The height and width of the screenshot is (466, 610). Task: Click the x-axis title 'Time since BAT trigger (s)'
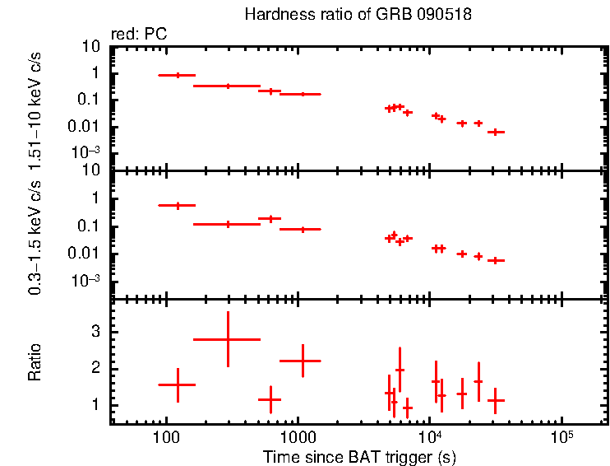359,456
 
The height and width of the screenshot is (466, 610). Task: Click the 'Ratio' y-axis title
35,363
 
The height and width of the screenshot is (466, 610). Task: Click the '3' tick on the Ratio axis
95,331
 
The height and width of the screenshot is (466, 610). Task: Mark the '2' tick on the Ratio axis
95,368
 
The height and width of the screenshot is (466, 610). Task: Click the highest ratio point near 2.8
227,339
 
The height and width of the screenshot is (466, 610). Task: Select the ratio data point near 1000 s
303,361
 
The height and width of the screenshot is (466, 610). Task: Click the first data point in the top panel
177,75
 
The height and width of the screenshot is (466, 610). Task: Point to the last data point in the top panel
495,132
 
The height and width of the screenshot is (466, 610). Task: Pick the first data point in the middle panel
177,205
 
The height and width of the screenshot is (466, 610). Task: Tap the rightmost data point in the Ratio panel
495,400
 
